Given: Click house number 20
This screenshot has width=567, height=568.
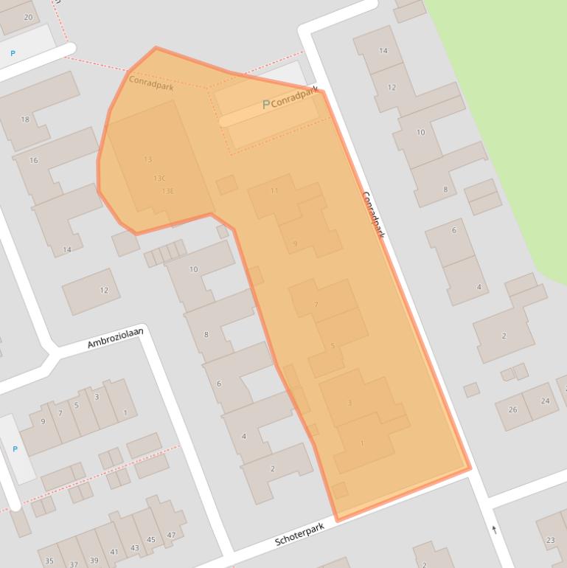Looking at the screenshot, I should point(29,17).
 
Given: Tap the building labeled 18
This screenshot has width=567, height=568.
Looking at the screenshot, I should point(25,120).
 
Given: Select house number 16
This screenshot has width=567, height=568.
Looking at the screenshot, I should point(33,160).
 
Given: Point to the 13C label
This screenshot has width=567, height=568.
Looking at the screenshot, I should point(159,179).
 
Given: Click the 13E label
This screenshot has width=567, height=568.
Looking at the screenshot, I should point(167,191).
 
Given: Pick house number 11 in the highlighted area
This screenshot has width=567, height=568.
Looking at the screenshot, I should point(274,190).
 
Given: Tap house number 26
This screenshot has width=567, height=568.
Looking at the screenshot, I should point(512,409).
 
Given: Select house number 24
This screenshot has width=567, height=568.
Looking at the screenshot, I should point(545,401).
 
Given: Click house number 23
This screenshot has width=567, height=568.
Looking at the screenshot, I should point(550,541).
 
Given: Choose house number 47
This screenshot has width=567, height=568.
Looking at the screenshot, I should point(171,535).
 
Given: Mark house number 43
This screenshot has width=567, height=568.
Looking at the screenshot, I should point(134,548).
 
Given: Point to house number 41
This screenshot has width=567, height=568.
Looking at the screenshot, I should point(114,552).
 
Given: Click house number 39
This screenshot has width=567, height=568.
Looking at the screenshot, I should point(94,561).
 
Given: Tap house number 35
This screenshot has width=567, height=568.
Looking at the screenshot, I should point(49,561).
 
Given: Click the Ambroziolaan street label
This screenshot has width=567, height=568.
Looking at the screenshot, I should point(115,338).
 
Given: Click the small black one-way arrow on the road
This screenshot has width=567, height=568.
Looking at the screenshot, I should point(494,529).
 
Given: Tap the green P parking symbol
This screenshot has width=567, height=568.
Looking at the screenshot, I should point(266,105).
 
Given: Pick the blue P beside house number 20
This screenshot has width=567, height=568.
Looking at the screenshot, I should point(13,53).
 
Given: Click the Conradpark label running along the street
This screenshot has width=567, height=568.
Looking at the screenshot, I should point(373,215).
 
